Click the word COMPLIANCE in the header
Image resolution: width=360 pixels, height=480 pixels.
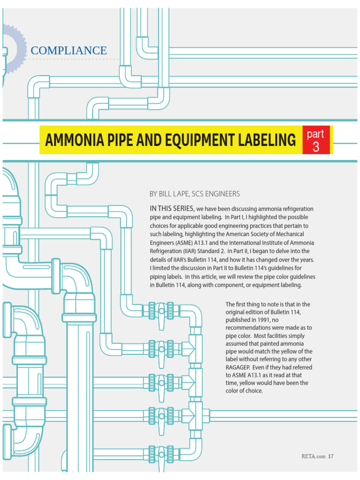(x=68, y=50)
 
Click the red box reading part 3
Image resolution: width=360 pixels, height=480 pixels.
(x=315, y=140)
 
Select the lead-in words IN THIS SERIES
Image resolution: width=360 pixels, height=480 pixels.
(x=172, y=208)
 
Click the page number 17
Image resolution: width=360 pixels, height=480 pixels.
(x=330, y=456)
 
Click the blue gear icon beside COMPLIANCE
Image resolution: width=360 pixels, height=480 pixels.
(x=12, y=49)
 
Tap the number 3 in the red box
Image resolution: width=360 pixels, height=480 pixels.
(x=315, y=147)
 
